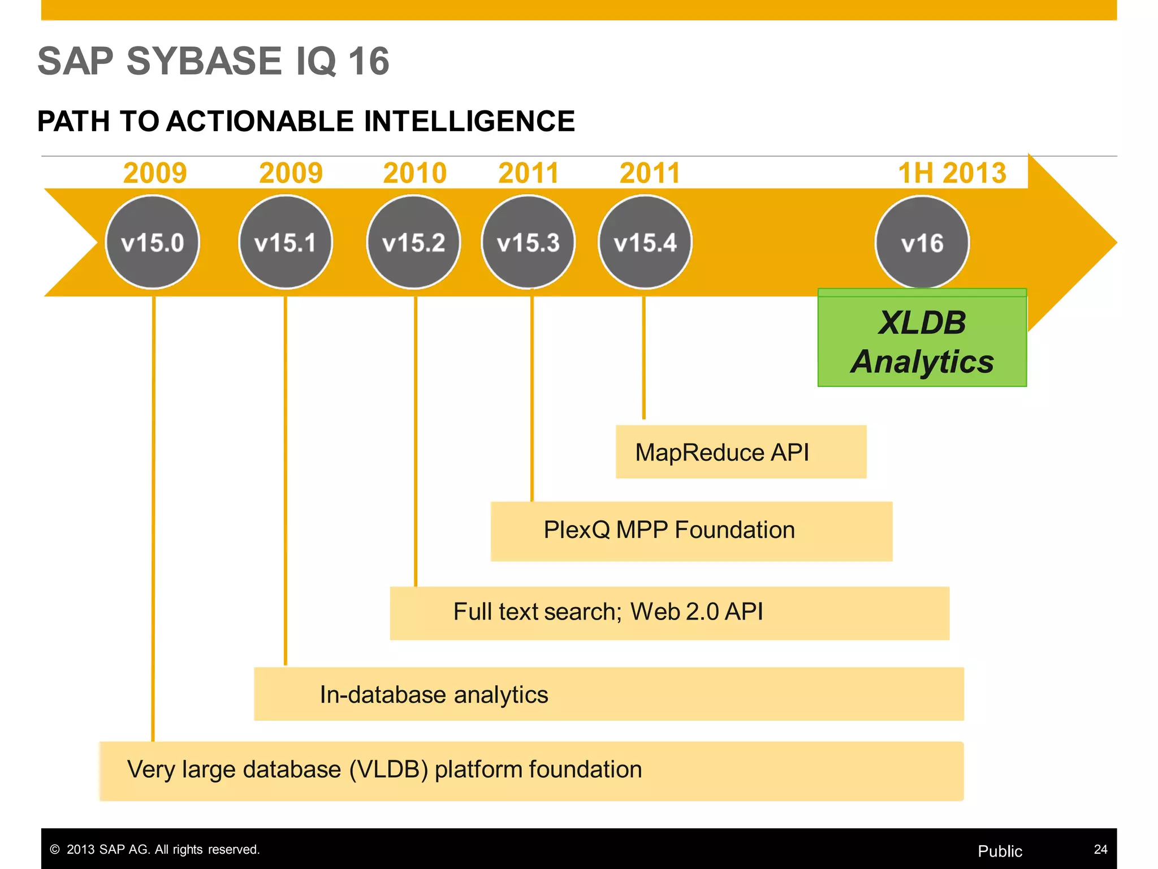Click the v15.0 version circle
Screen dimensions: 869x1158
152,242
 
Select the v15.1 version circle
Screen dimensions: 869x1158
286,242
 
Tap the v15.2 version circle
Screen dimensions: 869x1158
413,242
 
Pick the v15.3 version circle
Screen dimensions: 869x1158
528,242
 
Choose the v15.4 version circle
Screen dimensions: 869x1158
645,242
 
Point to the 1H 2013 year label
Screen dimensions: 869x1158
952,173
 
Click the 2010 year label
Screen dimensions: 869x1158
414,173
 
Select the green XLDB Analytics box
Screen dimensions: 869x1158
922,342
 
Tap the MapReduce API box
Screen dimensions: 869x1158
741,452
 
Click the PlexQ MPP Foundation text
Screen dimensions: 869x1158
669,530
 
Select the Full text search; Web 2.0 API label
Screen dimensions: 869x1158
608,612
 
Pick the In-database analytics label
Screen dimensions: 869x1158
434,694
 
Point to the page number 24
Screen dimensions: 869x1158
1100,849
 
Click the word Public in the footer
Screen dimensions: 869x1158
1000,851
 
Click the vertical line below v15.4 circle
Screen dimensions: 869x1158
643,356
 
